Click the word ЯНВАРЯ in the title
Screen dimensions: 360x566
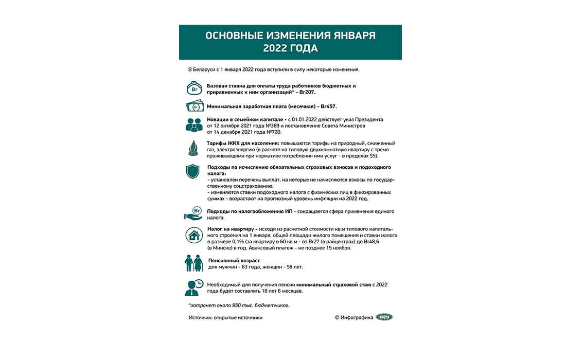point(349,36)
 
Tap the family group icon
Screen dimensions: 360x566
point(194,125)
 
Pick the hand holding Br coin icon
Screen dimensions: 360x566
point(194,214)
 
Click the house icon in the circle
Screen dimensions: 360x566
point(194,236)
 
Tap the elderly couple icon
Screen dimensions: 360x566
point(194,263)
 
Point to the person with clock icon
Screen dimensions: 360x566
point(194,287)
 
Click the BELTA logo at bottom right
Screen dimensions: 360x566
point(384,317)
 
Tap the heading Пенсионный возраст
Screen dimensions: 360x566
point(234,261)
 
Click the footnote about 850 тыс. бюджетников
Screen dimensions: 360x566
point(239,305)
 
